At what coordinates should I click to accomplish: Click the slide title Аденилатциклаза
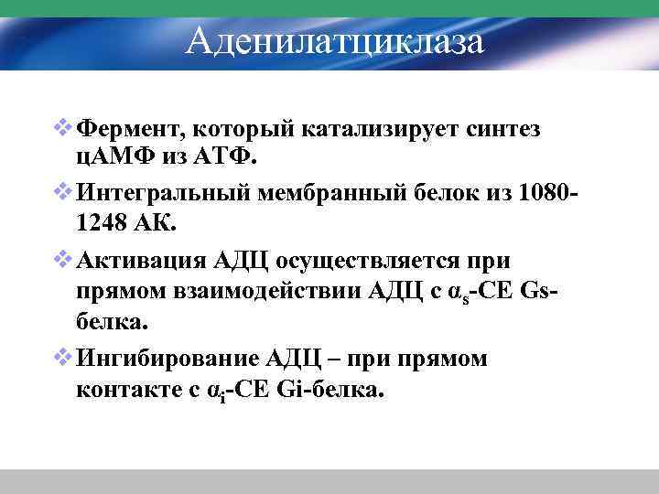[x=333, y=41]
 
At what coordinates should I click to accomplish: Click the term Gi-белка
[x=333, y=390]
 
